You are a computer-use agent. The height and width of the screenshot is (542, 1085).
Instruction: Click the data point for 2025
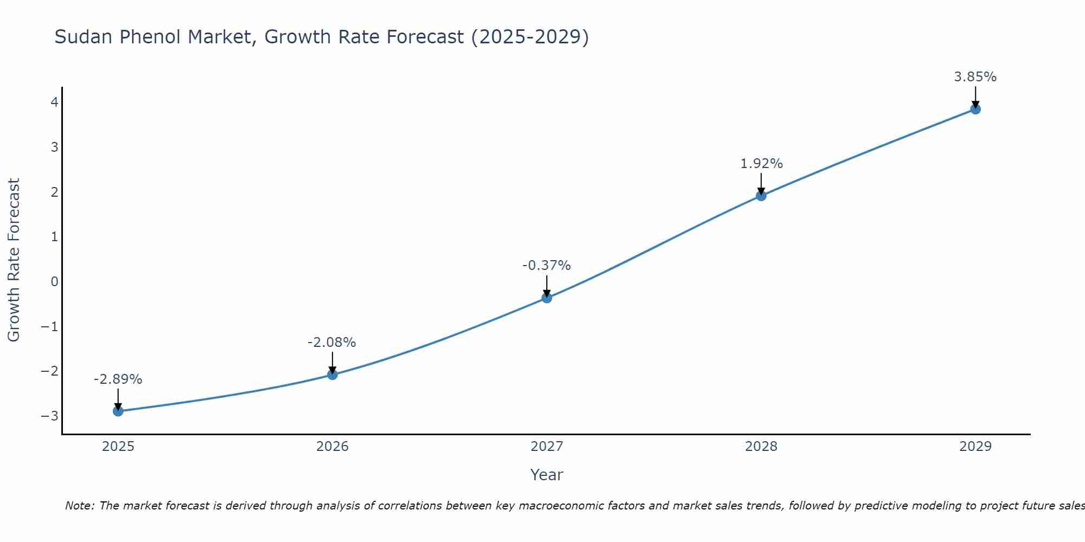[118, 411]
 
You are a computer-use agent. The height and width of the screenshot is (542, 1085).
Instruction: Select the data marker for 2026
[333, 375]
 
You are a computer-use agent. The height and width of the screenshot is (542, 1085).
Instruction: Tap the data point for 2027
[547, 298]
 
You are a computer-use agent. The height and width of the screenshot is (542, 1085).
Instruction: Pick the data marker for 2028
[761, 196]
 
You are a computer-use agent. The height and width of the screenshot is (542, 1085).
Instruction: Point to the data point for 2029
[975, 109]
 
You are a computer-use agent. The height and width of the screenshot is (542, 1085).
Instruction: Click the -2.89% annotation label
[118, 379]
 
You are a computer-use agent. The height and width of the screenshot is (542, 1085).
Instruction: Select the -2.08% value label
[331, 343]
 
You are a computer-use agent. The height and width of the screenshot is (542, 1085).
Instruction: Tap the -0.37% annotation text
[546, 266]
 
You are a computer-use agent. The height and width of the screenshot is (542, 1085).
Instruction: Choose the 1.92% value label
[761, 164]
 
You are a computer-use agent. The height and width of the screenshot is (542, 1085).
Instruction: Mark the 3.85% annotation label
[975, 77]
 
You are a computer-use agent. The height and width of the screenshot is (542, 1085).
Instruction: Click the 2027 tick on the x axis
[547, 447]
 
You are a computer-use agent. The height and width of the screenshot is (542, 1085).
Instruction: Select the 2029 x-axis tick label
[975, 447]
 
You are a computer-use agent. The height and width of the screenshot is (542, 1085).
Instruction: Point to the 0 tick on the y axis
[54, 281]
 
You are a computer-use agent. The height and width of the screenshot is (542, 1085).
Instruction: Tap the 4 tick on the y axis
[54, 102]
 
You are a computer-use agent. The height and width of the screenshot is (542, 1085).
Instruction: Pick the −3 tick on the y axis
[50, 416]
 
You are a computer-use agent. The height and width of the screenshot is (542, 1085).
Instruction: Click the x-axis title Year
[546, 475]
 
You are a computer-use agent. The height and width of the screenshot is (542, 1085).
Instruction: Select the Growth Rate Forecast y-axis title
[14, 260]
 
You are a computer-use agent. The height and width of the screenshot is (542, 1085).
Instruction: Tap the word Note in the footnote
[80, 506]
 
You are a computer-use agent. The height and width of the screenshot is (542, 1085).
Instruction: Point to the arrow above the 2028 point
[761, 183]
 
